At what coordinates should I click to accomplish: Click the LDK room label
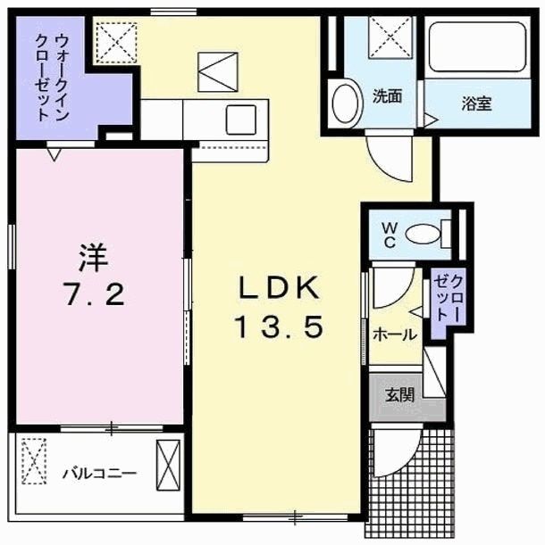278,288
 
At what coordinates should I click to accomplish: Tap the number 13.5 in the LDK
278,328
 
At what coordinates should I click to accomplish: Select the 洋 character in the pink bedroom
92,260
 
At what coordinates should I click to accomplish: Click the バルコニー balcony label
99,473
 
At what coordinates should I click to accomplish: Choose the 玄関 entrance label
398,393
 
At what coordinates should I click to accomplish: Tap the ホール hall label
393,335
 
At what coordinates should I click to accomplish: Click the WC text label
390,234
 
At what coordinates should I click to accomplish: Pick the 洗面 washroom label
387,97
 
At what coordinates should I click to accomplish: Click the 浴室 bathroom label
477,103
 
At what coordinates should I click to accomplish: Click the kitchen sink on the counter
241,120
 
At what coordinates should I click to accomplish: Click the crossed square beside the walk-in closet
114,41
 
